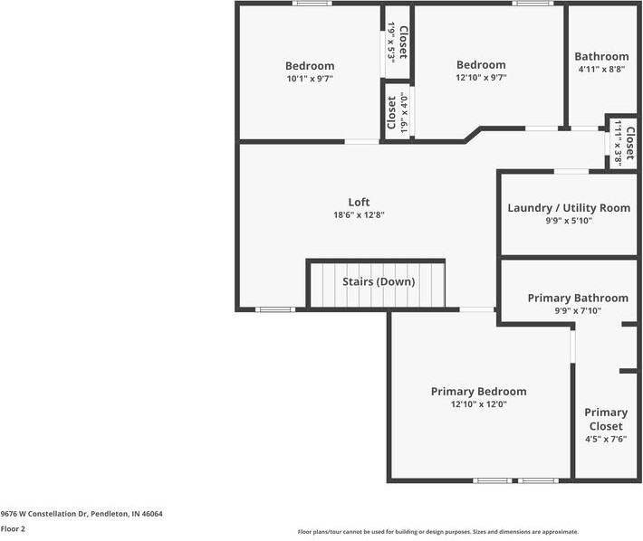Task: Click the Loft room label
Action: pos(359,202)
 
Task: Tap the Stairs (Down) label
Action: pos(379,281)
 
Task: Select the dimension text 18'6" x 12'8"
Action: pos(359,215)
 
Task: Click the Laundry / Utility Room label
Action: pos(569,208)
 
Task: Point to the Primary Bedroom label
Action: pos(478,392)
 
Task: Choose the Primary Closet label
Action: pos(606,420)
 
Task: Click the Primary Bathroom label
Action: pos(578,298)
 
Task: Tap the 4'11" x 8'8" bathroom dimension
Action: pos(601,70)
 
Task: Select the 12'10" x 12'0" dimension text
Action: pos(479,404)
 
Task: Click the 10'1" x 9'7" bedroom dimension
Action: pos(310,79)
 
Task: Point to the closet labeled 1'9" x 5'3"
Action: pos(398,43)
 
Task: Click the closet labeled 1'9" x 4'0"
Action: pos(398,112)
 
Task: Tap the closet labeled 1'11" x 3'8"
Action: pos(624,143)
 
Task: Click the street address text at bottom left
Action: pos(82,514)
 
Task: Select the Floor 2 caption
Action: pos(13,528)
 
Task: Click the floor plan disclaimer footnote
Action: pos(438,532)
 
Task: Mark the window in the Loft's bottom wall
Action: pos(275,309)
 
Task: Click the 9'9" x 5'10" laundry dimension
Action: pos(569,221)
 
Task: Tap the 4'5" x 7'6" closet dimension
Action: pos(606,440)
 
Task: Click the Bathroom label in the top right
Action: pos(601,56)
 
